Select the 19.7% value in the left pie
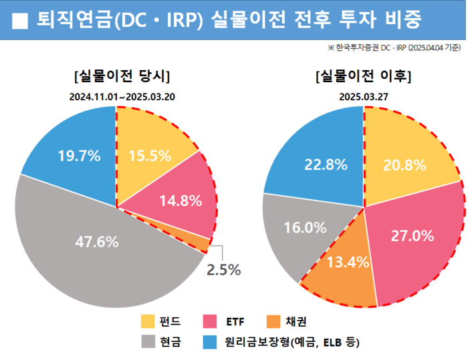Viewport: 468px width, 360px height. pos(79,156)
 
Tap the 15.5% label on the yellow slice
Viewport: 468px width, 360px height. pos(150,156)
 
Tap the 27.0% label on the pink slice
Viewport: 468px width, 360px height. pos(413,236)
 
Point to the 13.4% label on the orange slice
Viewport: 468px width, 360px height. pos(348,262)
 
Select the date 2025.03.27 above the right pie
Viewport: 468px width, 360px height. pos(364,96)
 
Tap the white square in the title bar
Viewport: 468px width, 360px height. pos(21,21)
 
